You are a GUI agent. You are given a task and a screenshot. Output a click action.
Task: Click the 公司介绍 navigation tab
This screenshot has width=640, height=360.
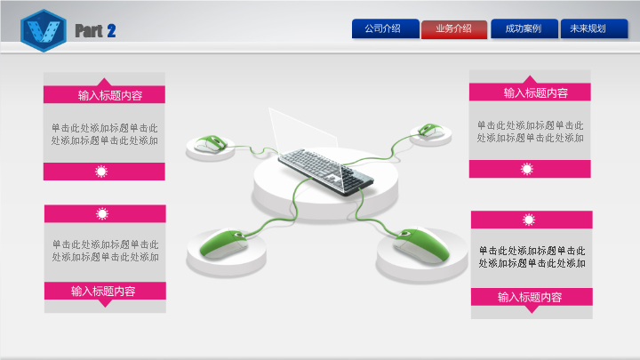[x=385, y=28]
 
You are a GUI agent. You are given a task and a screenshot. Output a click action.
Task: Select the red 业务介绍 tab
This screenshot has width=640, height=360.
[x=454, y=29]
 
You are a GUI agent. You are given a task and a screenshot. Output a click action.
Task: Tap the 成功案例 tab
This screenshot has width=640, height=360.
[x=524, y=28]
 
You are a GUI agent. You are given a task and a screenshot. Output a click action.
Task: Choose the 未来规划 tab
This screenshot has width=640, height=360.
[x=594, y=28]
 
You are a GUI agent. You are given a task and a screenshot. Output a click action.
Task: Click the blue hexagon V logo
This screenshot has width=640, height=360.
[x=44, y=30]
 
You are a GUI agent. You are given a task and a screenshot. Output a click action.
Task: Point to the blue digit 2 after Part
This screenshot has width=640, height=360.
[x=111, y=31]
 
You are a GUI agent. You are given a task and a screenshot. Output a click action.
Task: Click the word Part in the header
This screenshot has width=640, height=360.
[x=89, y=31]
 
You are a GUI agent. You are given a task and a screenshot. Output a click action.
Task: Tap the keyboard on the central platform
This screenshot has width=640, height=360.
[x=325, y=172]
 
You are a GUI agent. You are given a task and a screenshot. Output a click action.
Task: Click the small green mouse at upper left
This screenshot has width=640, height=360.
[x=211, y=144]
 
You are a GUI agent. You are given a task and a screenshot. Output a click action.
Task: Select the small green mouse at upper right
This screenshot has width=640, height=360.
[x=430, y=131]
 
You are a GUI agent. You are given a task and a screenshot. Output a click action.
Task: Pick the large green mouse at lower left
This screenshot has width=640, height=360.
[x=224, y=244]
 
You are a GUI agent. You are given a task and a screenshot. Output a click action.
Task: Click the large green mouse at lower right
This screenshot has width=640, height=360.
[x=421, y=244]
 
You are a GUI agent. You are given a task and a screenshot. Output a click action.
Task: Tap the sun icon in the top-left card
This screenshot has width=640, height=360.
[x=101, y=172]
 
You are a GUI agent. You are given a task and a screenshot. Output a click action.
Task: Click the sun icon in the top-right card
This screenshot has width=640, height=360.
[x=527, y=169]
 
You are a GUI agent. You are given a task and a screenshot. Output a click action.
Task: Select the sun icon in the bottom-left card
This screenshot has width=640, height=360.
[x=102, y=213]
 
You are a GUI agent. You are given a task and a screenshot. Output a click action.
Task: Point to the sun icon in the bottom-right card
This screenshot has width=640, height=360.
[x=529, y=220]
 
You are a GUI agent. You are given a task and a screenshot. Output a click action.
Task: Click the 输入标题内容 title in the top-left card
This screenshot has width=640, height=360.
[x=110, y=95]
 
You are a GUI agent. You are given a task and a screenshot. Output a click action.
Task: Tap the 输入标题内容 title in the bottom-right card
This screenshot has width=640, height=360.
[x=530, y=297]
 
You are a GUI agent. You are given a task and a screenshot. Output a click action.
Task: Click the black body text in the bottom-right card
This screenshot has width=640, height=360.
[x=532, y=257]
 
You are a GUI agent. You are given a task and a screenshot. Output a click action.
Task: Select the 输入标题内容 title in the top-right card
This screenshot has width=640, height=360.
[x=535, y=93]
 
